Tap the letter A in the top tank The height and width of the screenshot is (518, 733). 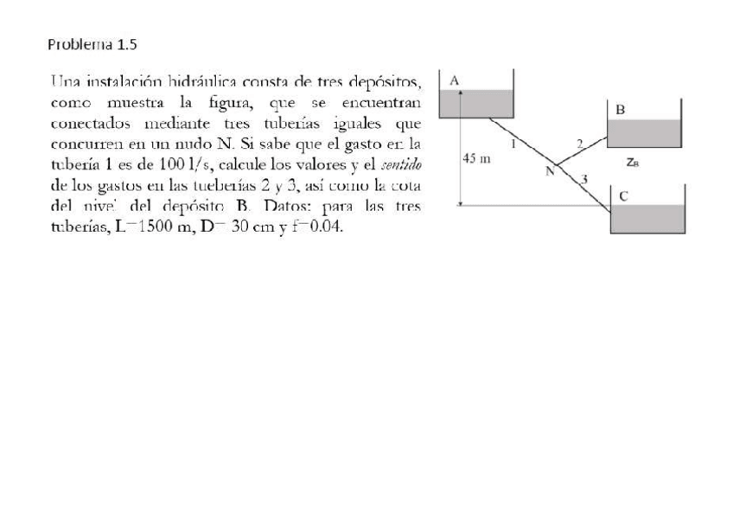coord(456,80)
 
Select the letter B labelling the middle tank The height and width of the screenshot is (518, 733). coord(620,110)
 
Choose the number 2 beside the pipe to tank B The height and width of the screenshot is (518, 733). coord(579,142)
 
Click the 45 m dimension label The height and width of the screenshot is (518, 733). coord(477,159)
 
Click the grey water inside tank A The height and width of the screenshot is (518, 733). coord(477,103)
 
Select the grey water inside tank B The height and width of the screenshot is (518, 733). coord(645,133)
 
